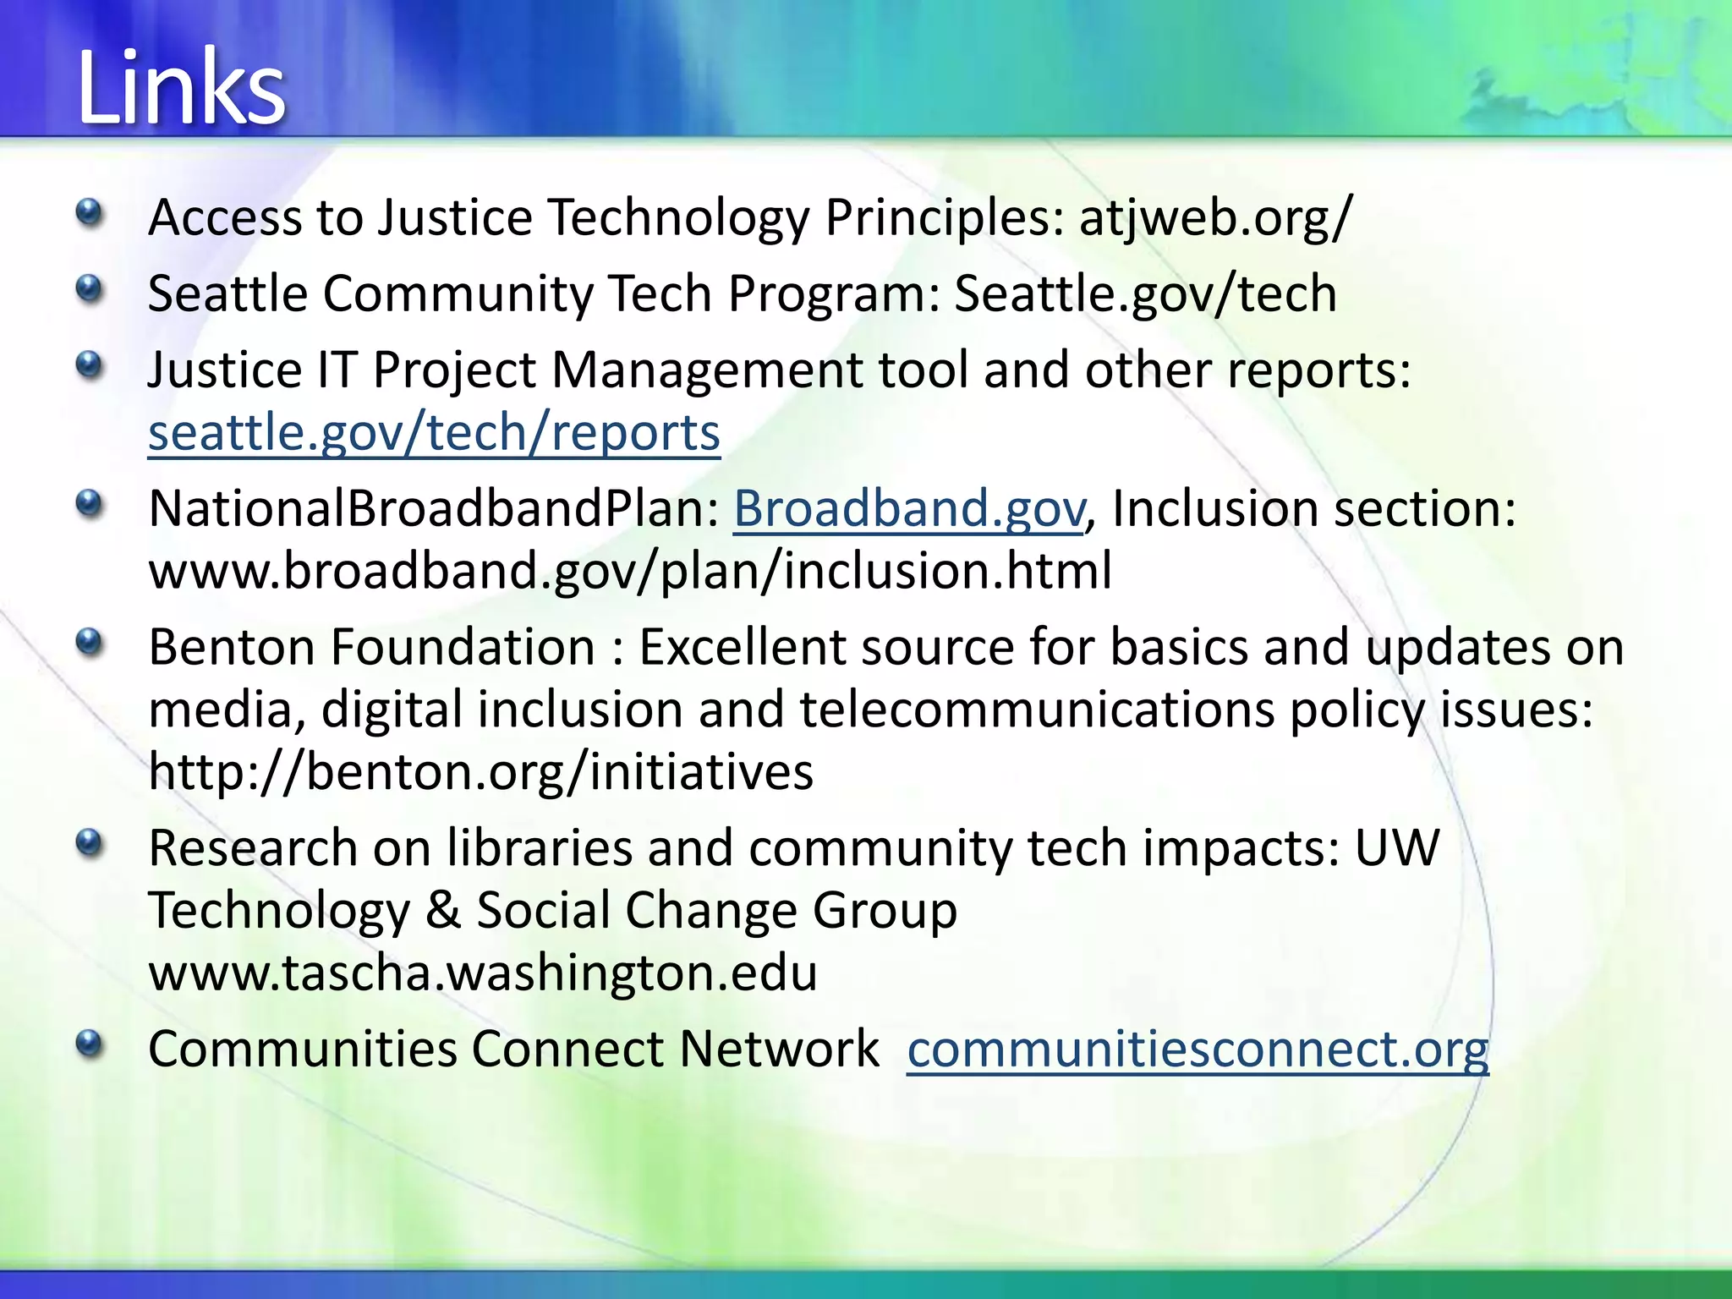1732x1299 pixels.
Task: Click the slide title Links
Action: (181, 88)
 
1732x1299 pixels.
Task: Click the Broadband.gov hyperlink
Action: (908, 509)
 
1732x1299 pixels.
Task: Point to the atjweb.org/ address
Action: (1216, 217)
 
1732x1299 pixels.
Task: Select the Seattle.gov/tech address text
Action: (1145, 294)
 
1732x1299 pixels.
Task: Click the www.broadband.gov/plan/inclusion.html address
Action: (630, 571)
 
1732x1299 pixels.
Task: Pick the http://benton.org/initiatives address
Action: (480, 771)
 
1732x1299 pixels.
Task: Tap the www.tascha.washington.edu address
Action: (483, 973)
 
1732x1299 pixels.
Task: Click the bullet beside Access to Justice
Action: (89, 213)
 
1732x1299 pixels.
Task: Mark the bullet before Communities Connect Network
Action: (89, 1045)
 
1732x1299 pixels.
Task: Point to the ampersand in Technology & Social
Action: (442, 911)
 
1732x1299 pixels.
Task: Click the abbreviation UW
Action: (1396, 848)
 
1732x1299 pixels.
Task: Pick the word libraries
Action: (540, 848)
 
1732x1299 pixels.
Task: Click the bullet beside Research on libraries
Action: (89, 844)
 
